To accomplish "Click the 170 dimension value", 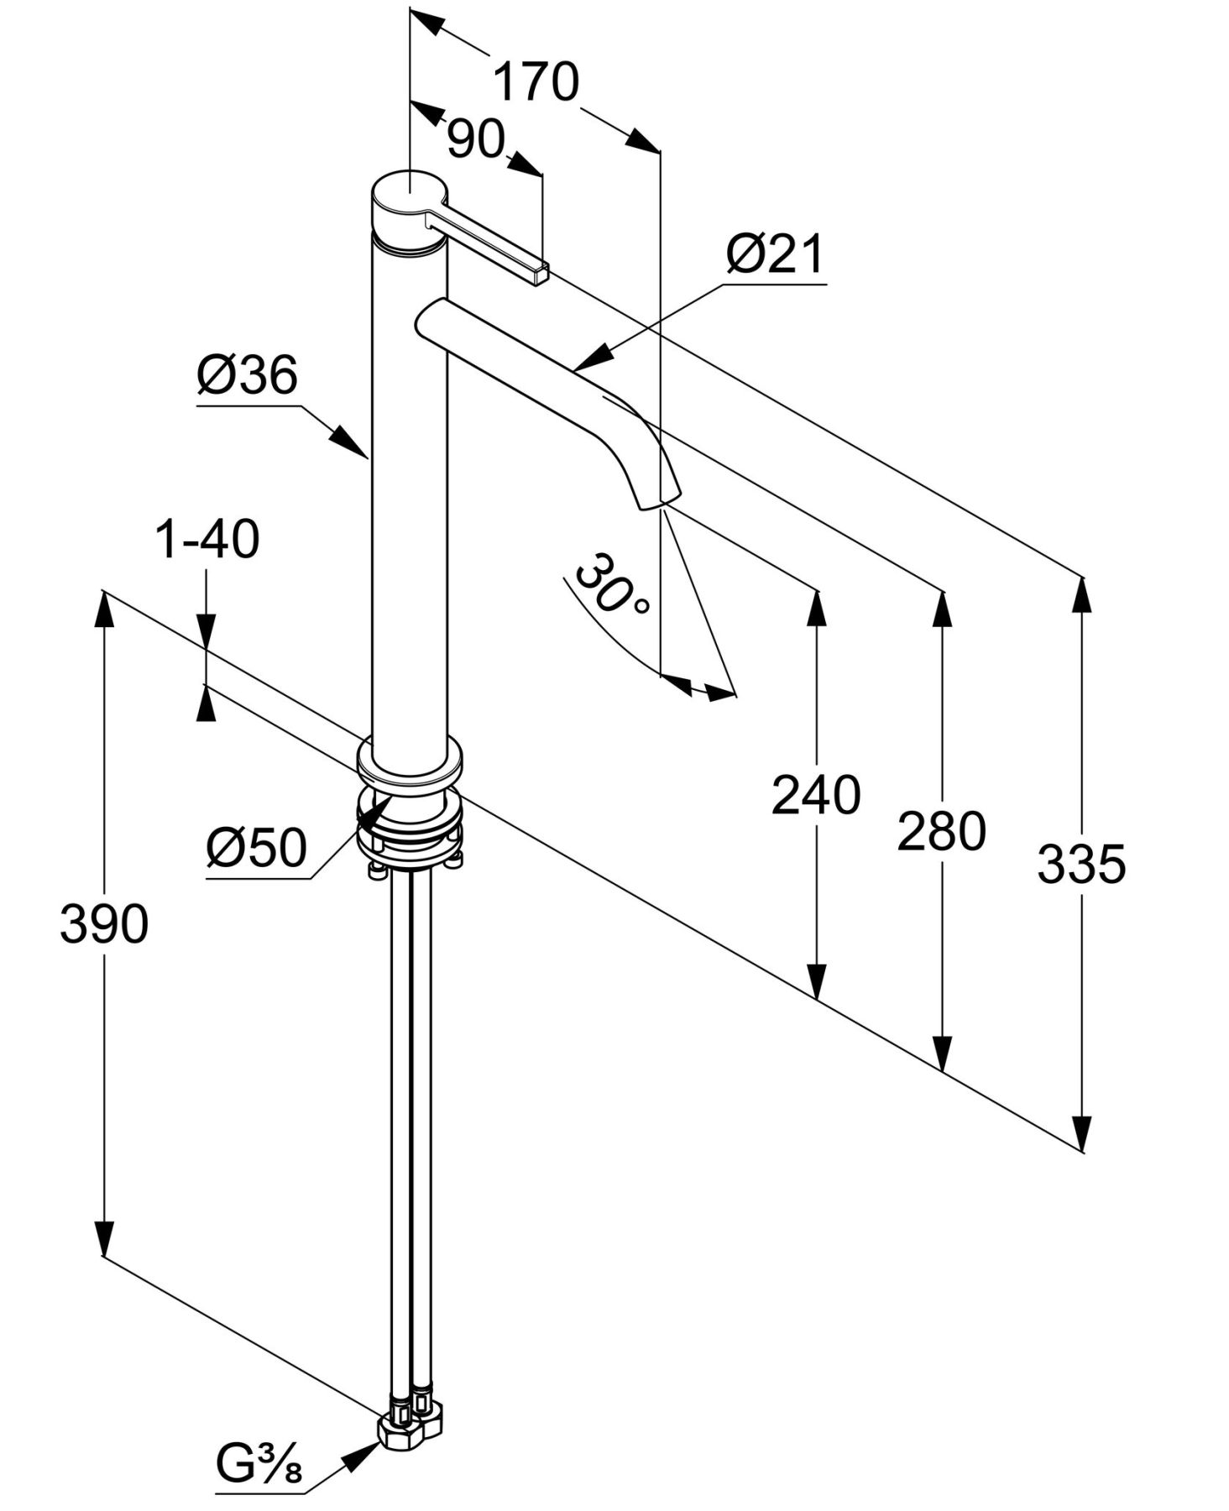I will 535,82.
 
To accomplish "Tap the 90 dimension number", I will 474,139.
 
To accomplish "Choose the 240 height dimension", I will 815,795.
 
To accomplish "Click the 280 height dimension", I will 941,832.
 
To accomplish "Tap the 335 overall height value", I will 1080,864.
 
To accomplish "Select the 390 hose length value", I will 104,924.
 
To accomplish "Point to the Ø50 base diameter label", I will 256,848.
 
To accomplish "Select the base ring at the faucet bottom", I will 410,765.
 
